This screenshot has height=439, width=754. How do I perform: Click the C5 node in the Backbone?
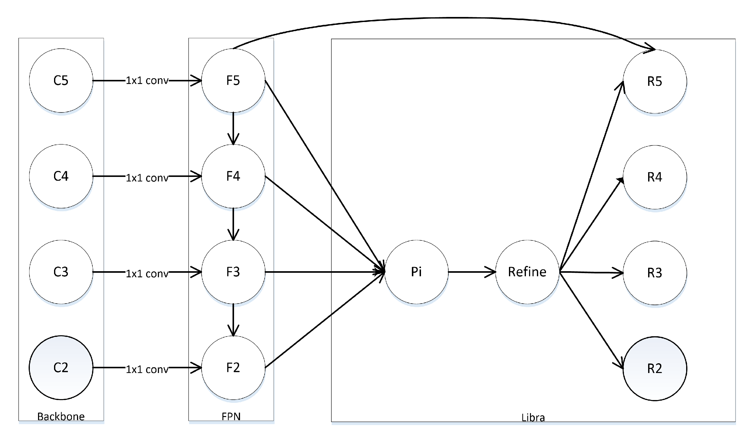tap(61, 80)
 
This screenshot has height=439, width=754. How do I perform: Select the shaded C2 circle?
tap(61, 367)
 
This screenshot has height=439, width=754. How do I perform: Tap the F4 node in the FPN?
tap(233, 176)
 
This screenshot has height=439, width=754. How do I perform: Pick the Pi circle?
tap(416, 272)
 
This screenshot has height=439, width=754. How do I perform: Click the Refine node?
tap(527, 272)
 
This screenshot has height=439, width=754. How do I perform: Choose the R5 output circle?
tap(655, 81)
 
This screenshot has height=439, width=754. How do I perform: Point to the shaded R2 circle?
tap(655, 368)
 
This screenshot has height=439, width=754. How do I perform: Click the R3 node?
tap(655, 273)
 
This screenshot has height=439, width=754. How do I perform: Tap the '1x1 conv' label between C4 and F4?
tap(147, 178)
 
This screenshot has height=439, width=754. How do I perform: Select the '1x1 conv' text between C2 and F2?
tap(147, 369)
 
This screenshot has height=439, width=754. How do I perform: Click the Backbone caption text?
tap(61, 416)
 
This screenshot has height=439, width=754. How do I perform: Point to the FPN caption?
tap(231, 416)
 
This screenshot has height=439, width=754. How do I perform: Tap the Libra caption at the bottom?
tap(533, 417)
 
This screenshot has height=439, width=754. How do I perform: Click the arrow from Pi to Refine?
tap(471, 272)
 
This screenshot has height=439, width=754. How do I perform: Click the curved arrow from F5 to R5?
tap(440, 18)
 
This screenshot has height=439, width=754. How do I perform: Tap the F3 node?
tap(233, 272)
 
